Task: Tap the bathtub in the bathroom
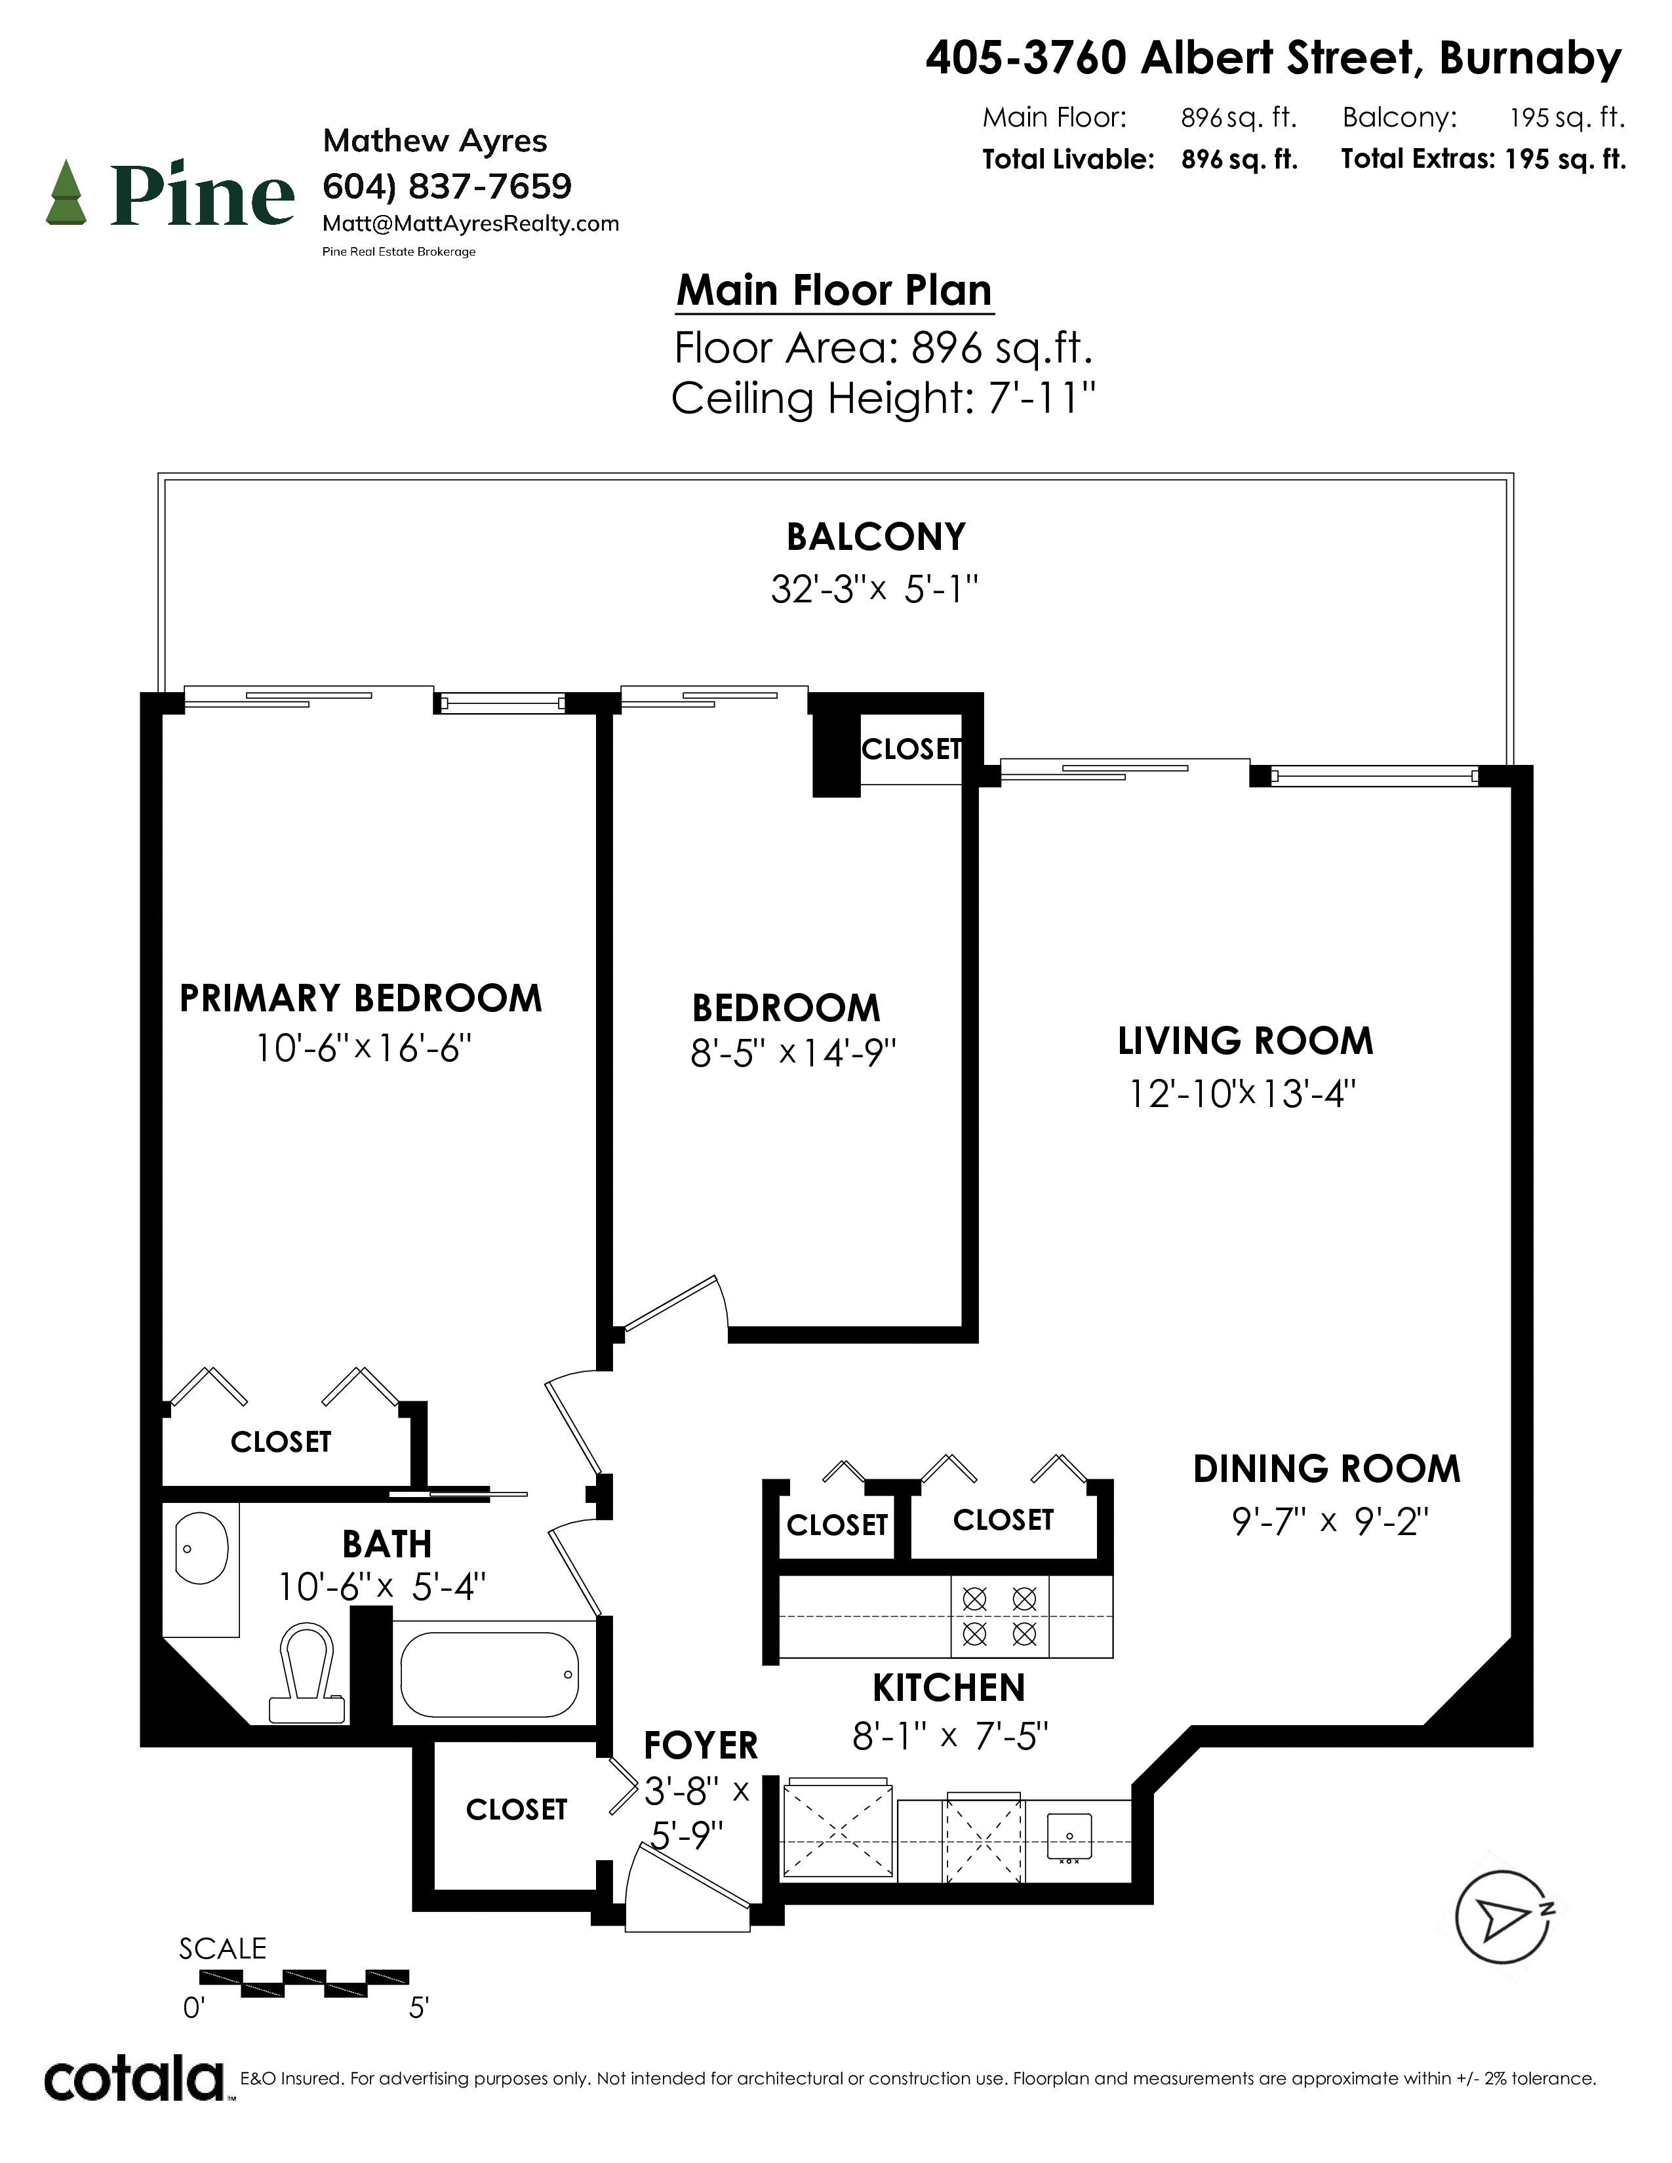click(489, 1675)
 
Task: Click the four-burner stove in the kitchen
click(999, 1616)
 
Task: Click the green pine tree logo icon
click(68, 192)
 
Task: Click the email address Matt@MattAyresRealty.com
click(471, 224)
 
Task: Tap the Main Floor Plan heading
click(834, 291)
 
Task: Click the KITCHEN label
click(948, 1688)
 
